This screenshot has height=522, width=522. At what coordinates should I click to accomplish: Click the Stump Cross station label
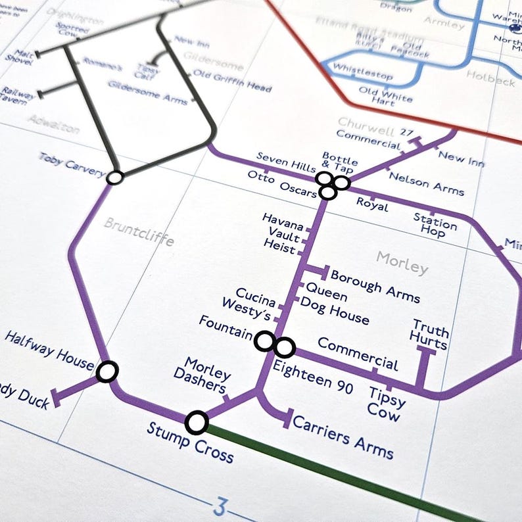pyautogui.click(x=190, y=442)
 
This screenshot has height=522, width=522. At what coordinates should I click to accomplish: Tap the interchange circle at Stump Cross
pyautogui.click(x=197, y=422)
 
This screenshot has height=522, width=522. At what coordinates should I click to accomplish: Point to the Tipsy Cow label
pyautogui.click(x=387, y=403)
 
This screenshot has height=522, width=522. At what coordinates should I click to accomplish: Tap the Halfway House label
pyautogui.click(x=49, y=350)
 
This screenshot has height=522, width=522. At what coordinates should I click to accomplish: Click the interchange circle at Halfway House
pyautogui.click(x=107, y=371)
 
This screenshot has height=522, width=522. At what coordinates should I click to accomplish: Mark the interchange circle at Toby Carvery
pyautogui.click(x=115, y=178)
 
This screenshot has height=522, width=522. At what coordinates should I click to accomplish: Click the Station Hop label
pyautogui.click(x=435, y=224)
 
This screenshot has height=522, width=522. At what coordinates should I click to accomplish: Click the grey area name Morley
pyautogui.click(x=402, y=263)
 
